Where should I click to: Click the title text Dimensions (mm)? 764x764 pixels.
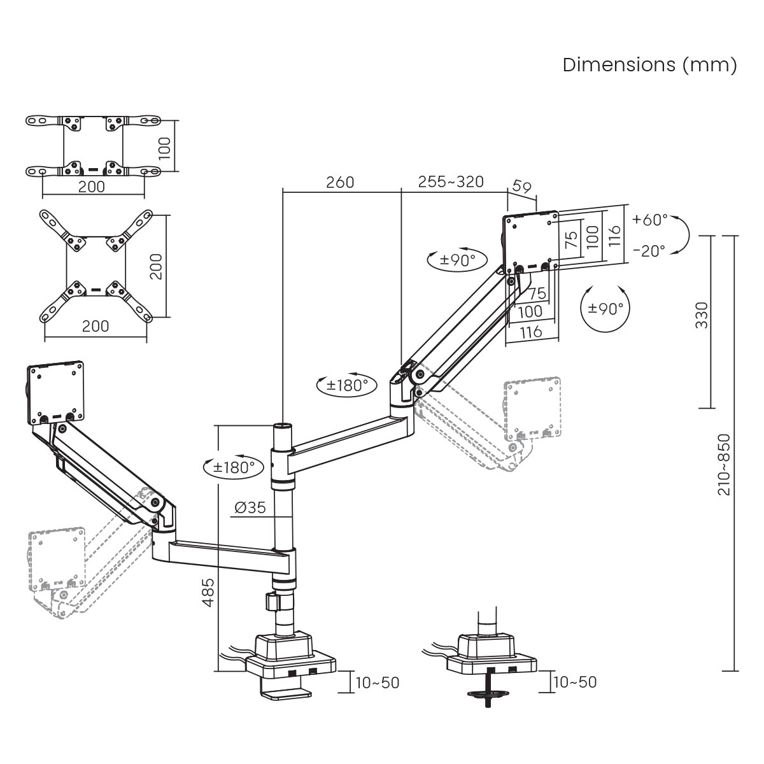(649, 65)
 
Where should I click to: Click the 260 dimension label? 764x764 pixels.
(340, 182)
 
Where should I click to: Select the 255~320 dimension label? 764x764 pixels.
(451, 182)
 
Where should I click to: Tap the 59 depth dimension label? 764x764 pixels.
(521, 188)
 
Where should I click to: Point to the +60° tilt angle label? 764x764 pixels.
(650, 220)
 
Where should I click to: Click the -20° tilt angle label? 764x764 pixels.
(650, 250)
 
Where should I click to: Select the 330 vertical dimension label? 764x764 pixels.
(701, 315)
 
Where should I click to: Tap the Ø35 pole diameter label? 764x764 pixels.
(250, 507)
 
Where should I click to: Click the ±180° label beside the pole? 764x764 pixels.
(233, 467)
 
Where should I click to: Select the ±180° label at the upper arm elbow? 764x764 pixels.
(348, 385)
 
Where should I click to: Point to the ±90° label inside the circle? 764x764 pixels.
(605, 309)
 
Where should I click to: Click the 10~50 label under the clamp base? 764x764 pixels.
(377, 683)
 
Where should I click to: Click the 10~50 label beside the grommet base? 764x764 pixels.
(575, 683)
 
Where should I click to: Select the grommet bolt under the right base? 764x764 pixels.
(489, 690)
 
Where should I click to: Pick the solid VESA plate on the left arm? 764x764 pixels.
(55, 393)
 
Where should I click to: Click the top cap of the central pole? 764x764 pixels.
(281, 425)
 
